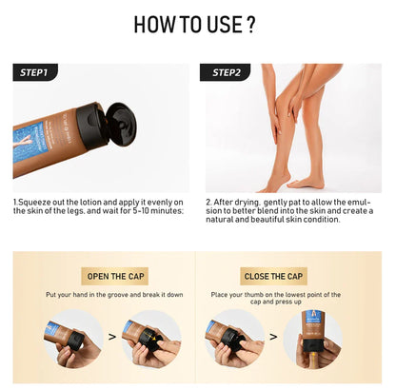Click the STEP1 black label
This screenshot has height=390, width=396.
click(x=36, y=72)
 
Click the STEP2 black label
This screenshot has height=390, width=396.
click(x=228, y=72)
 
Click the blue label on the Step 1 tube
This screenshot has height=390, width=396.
click(x=38, y=147)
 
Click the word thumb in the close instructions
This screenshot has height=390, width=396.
click(x=271, y=296)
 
